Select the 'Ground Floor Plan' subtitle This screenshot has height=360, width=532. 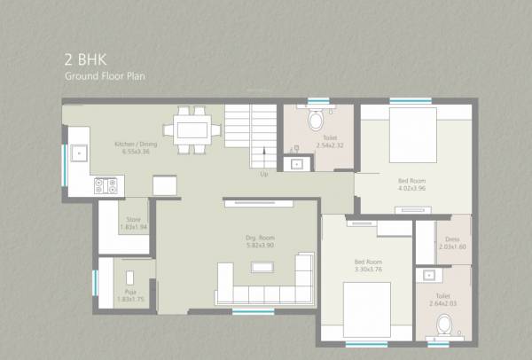point(105,76)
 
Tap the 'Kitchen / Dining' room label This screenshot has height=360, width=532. point(136,144)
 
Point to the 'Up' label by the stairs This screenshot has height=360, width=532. point(263,174)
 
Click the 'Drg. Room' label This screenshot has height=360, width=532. point(260,237)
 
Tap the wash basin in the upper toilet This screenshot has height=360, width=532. point(295,162)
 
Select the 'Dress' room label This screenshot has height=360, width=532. point(452,239)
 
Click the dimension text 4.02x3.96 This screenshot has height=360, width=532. point(411,188)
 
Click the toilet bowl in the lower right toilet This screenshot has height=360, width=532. point(442,327)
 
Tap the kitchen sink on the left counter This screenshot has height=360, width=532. point(79,153)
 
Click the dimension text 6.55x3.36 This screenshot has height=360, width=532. point(136,152)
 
